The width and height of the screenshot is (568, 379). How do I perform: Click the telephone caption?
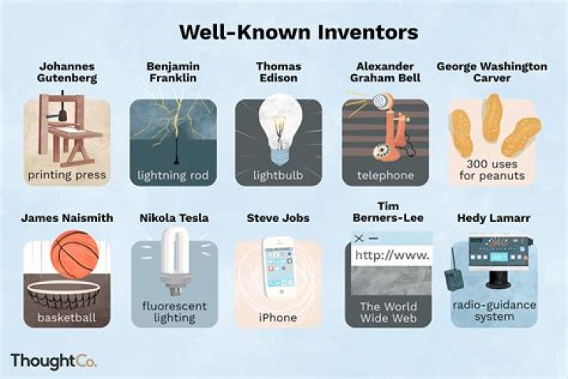click(385, 174)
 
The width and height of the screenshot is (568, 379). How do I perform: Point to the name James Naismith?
click(66, 218)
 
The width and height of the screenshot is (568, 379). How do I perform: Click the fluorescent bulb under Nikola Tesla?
click(173, 254)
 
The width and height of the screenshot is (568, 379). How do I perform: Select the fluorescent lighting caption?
click(174, 310)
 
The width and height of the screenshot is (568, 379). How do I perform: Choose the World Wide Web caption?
click(388, 311)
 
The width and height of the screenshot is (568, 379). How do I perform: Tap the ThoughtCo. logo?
click(53, 361)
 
